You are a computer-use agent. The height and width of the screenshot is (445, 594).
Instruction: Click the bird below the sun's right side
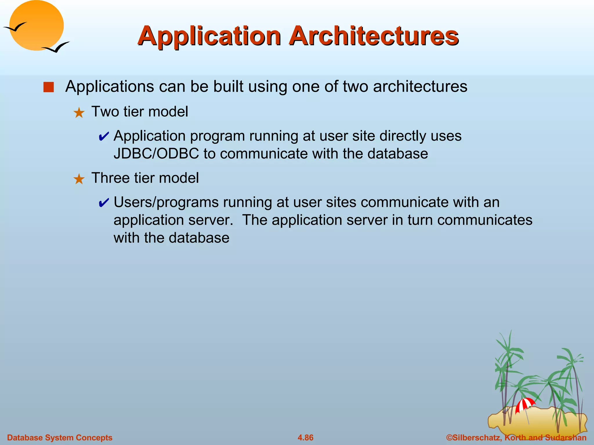[57, 48]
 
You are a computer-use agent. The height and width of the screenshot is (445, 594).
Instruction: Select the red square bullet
[48, 87]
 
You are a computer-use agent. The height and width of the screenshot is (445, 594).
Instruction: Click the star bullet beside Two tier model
[79, 113]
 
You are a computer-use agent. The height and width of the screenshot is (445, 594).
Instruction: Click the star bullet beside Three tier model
[79, 179]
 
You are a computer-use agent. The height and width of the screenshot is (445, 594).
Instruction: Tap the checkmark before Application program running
[104, 136]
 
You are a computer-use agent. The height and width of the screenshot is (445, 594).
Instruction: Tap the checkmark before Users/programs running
[104, 203]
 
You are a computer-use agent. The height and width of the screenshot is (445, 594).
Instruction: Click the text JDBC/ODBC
[156, 154]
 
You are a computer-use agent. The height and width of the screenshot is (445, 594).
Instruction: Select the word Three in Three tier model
[110, 178]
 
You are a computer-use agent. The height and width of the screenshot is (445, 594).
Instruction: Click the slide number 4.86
[305, 437]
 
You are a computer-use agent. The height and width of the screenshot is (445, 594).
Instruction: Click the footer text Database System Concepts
[59, 437]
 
